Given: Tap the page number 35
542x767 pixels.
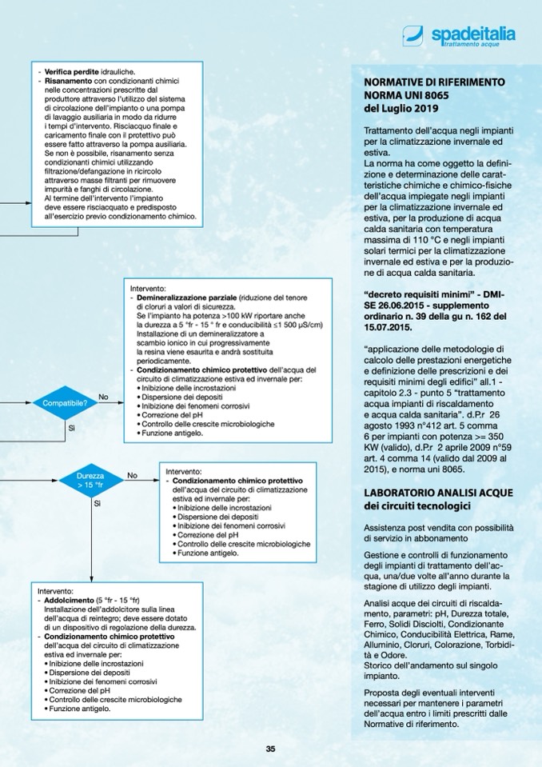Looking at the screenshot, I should tap(270, 749).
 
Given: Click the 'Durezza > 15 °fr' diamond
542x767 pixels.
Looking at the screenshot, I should tap(90, 480).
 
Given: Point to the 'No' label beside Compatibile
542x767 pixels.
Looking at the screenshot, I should tap(103, 397).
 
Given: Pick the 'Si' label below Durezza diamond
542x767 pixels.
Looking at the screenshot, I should tap(97, 504).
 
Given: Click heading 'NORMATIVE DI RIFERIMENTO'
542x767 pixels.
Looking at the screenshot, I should tap(433, 82).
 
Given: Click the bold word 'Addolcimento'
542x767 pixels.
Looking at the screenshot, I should tap(69, 600).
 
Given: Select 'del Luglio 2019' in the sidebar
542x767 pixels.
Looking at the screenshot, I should tap(401, 108).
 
